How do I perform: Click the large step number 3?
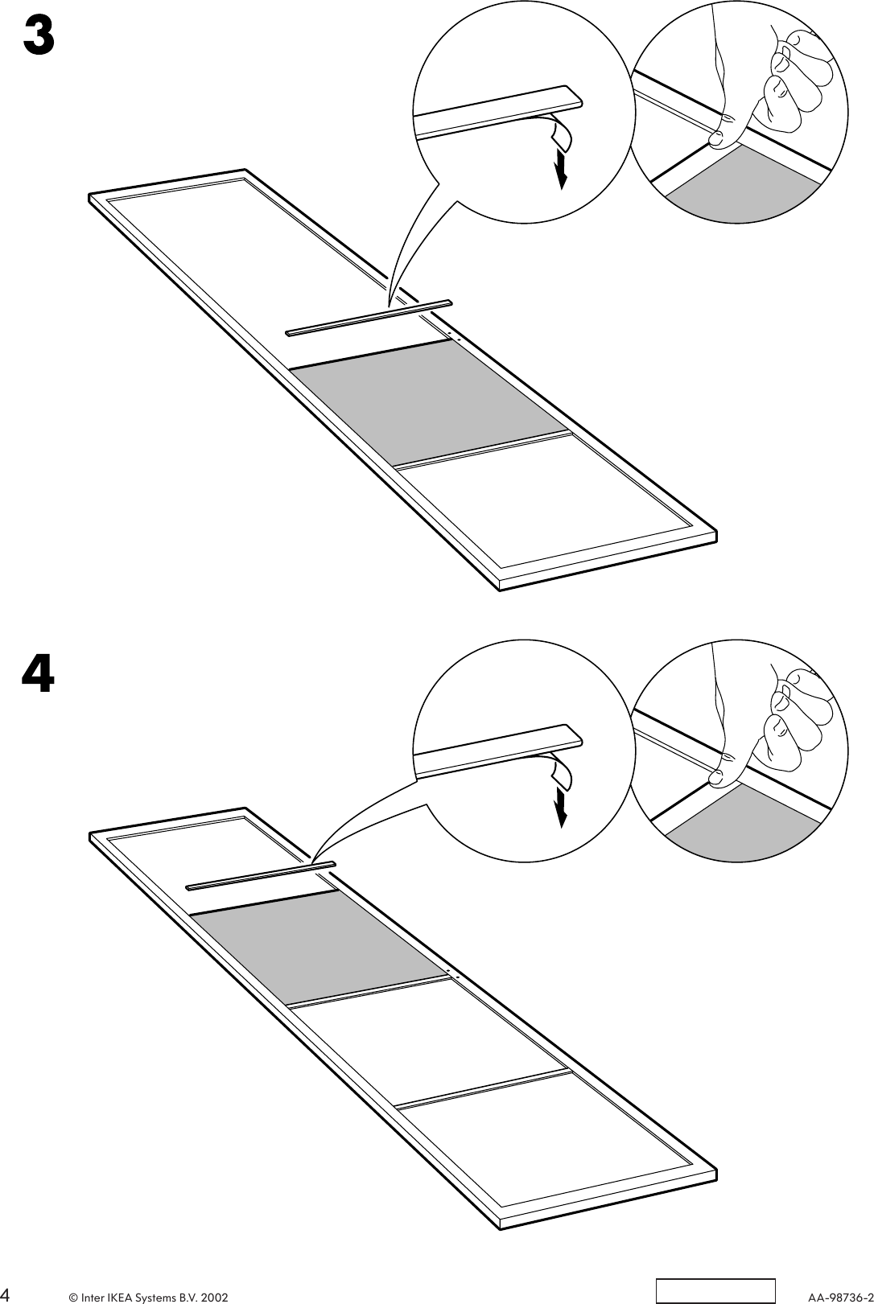(38, 35)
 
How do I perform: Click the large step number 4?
(38, 673)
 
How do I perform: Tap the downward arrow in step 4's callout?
(561, 808)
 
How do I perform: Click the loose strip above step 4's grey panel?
(260, 876)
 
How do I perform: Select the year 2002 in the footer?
(214, 1298)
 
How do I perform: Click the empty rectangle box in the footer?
(715, 1290)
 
